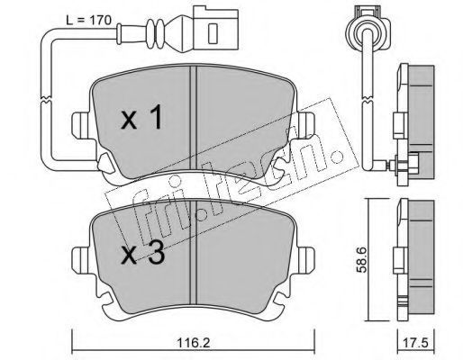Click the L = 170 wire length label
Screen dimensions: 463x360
coord(88,21)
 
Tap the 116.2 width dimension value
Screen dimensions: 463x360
coord(194,343)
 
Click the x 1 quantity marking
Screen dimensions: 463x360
coord(141,119)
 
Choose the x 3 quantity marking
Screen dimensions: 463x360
coord(142,255)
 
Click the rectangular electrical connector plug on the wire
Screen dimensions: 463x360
coord(215,30)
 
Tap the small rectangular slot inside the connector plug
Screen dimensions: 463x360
coord(213,33)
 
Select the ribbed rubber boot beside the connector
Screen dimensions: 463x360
coord(156,33)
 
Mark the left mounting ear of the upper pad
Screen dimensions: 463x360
coord(81,125)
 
